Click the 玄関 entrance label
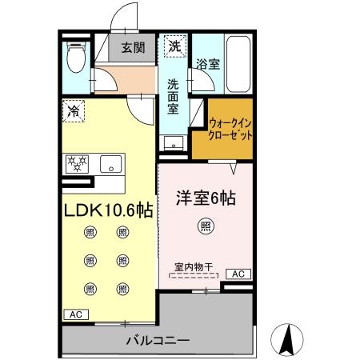tap(134, 48)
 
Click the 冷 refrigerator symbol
tap(74, 111)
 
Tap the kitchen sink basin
tap(110, 165)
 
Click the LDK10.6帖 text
tap(108, 210)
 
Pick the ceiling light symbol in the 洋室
tap(206, 226)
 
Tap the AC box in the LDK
tap(74, 314)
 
